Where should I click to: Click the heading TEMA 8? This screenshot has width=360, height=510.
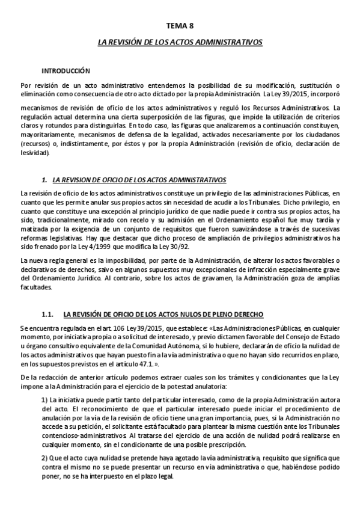(x=180, y=26)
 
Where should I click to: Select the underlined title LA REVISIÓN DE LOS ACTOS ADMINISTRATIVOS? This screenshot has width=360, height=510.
(x=180, y=43)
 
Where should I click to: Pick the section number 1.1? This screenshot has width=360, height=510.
(x=47, y=313)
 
